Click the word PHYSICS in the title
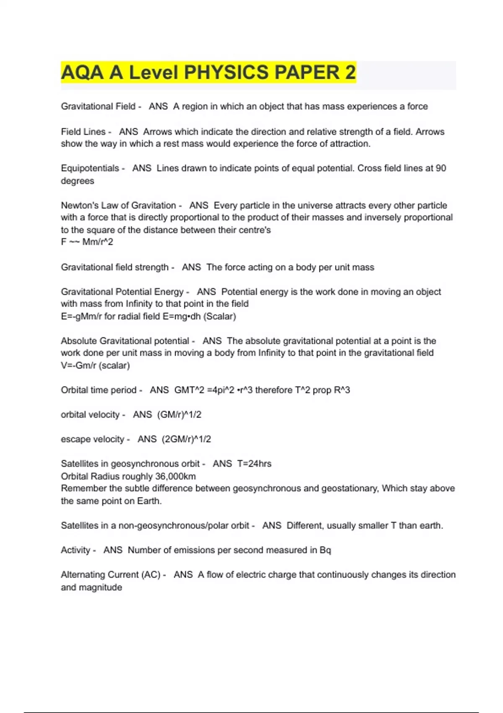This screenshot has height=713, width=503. [227, 73]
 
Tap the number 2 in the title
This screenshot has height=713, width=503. [350, 73]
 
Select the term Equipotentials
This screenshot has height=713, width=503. [90, 169]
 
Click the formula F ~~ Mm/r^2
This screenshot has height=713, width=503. [87, 242]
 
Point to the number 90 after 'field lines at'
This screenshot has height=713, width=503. [441, 169]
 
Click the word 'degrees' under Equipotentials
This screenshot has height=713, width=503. [78, 181]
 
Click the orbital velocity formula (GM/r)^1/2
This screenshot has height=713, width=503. [179, 415]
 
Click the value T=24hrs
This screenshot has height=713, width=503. [254, 464]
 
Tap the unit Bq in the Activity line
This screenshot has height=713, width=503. [325, 550]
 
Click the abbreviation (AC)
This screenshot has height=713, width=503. [151, 575]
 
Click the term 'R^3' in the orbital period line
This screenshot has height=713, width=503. [342, 390]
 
